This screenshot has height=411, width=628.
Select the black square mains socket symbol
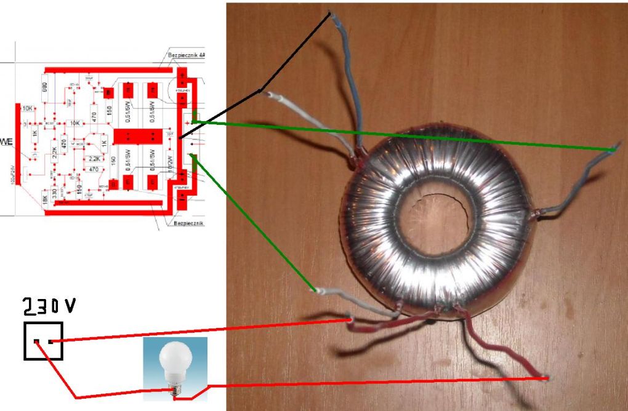[x=43, y=340]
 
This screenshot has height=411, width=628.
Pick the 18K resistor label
[x=44, y=197]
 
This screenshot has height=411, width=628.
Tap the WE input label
[x=7, y=142]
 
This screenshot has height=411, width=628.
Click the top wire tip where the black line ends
[x=330, y=14]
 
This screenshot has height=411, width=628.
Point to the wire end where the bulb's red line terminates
[x=546, y=377]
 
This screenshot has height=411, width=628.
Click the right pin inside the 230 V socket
[x=50, y=341]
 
